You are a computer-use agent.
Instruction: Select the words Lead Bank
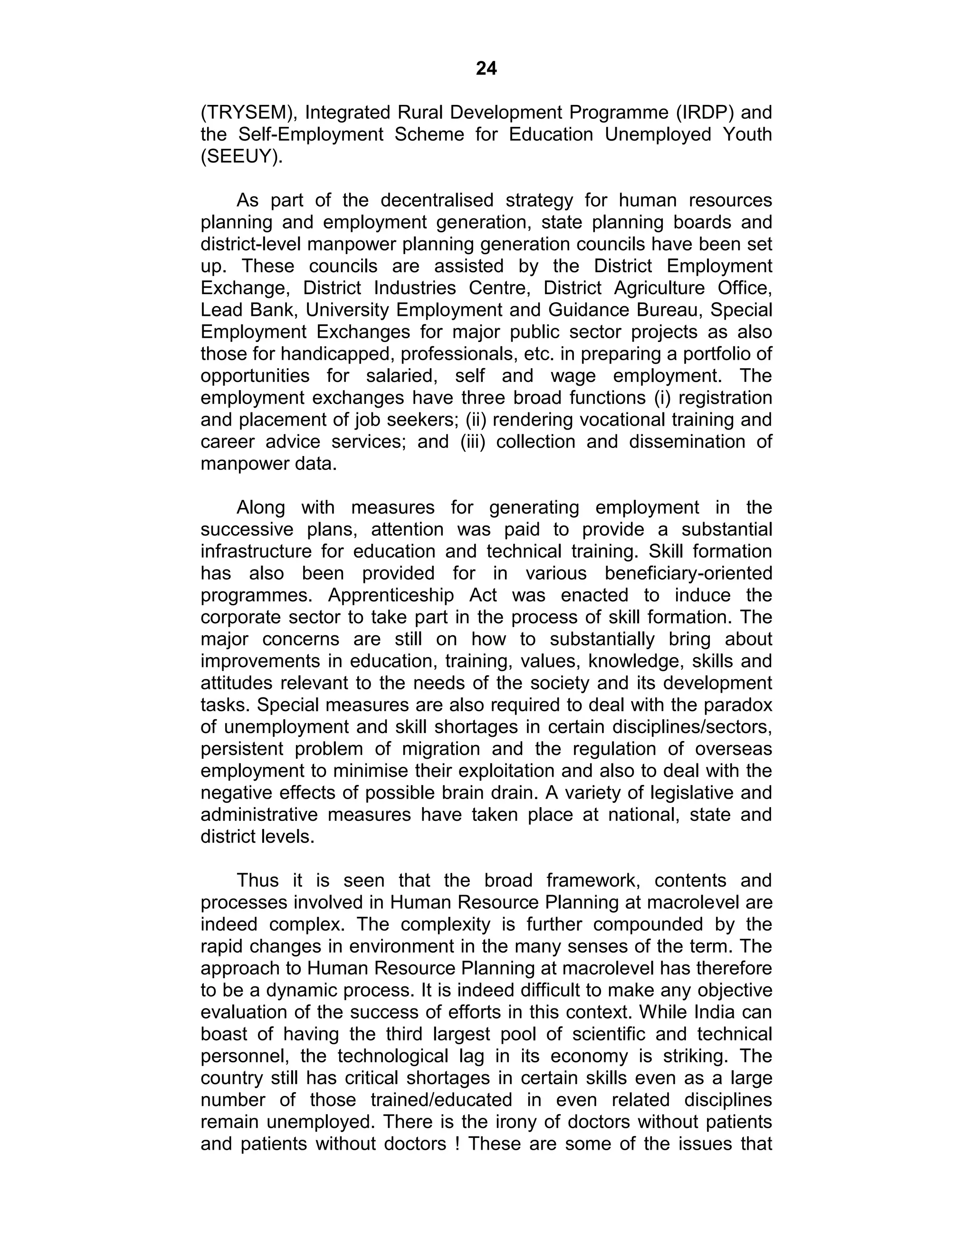(248, 310)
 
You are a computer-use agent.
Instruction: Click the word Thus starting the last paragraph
(258, 880)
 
